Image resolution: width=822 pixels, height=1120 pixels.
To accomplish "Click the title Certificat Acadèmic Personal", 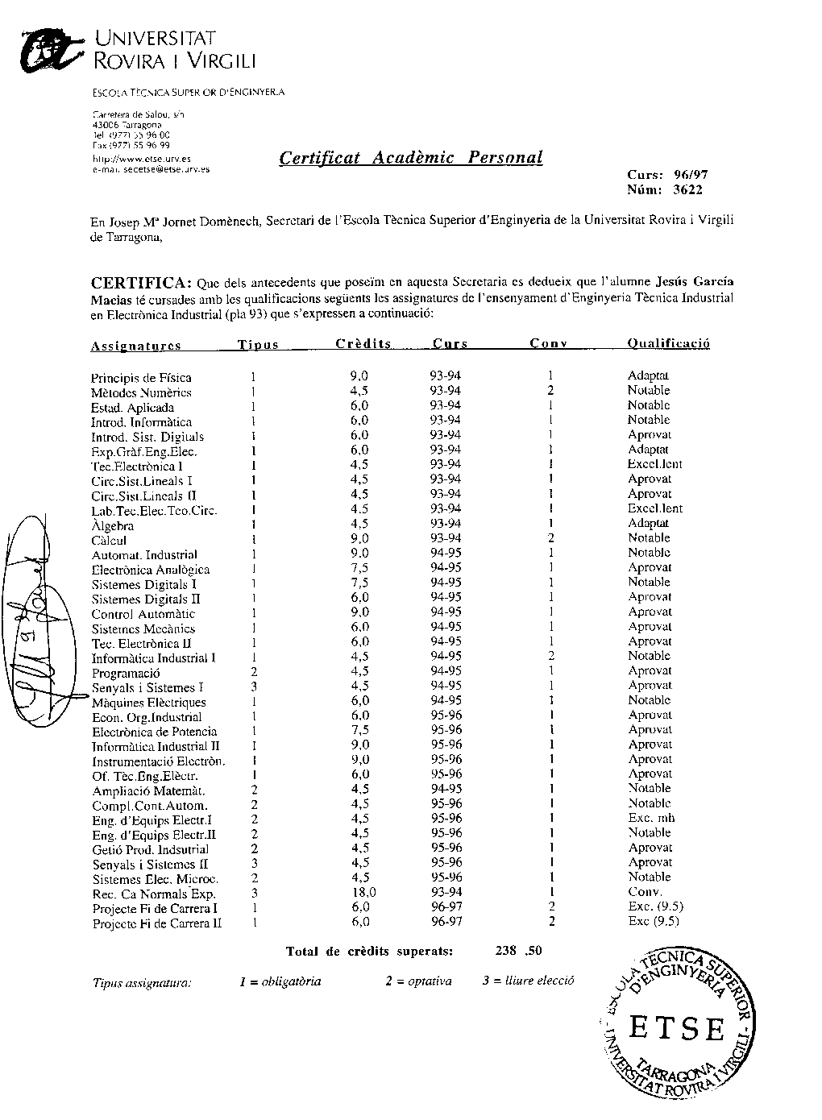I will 410,158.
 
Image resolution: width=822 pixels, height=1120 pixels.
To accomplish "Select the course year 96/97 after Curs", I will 691,175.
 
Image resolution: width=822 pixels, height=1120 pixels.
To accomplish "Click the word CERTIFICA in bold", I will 141,283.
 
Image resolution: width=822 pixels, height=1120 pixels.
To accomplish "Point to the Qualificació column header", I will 668,344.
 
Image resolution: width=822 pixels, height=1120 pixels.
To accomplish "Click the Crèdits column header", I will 363,344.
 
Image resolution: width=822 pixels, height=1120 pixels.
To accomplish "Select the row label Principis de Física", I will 141,377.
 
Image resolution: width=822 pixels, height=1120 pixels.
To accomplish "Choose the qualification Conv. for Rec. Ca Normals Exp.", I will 645,892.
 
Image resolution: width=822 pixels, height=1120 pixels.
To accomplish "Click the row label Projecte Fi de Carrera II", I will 157,923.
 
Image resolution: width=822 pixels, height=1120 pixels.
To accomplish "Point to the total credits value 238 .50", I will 519,951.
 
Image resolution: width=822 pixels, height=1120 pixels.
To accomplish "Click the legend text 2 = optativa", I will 418,981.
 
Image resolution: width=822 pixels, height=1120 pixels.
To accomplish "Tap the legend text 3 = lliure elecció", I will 528,981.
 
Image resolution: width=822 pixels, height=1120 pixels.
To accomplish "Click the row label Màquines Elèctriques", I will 148,703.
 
